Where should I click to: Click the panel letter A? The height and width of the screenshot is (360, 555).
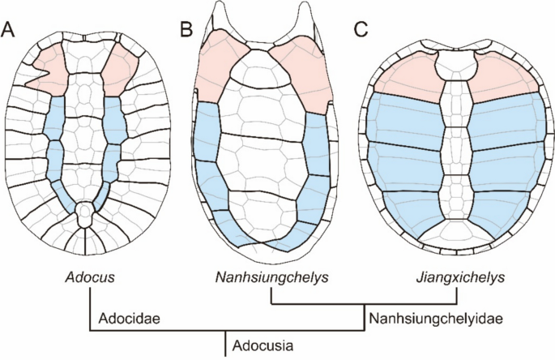click(10, 30)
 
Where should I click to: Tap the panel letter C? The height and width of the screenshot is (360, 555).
click(361, 30)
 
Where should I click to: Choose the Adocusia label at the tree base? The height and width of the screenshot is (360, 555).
click(261, 345)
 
